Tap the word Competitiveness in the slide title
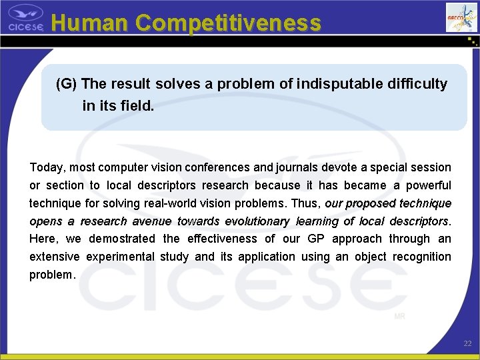pyautogui.click(x=227, y=23)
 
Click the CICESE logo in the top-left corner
pyautogui.click(x=25, y=18)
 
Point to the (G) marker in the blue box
pyautogui.click(x=67, y=84)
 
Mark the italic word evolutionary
pyautogui.click(x=257, y=221)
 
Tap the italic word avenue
pyautogui.click(x=152, y=221)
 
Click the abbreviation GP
pyautogui.click(x=313, y=239)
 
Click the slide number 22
pyautogui.click(x=467, y=343)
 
